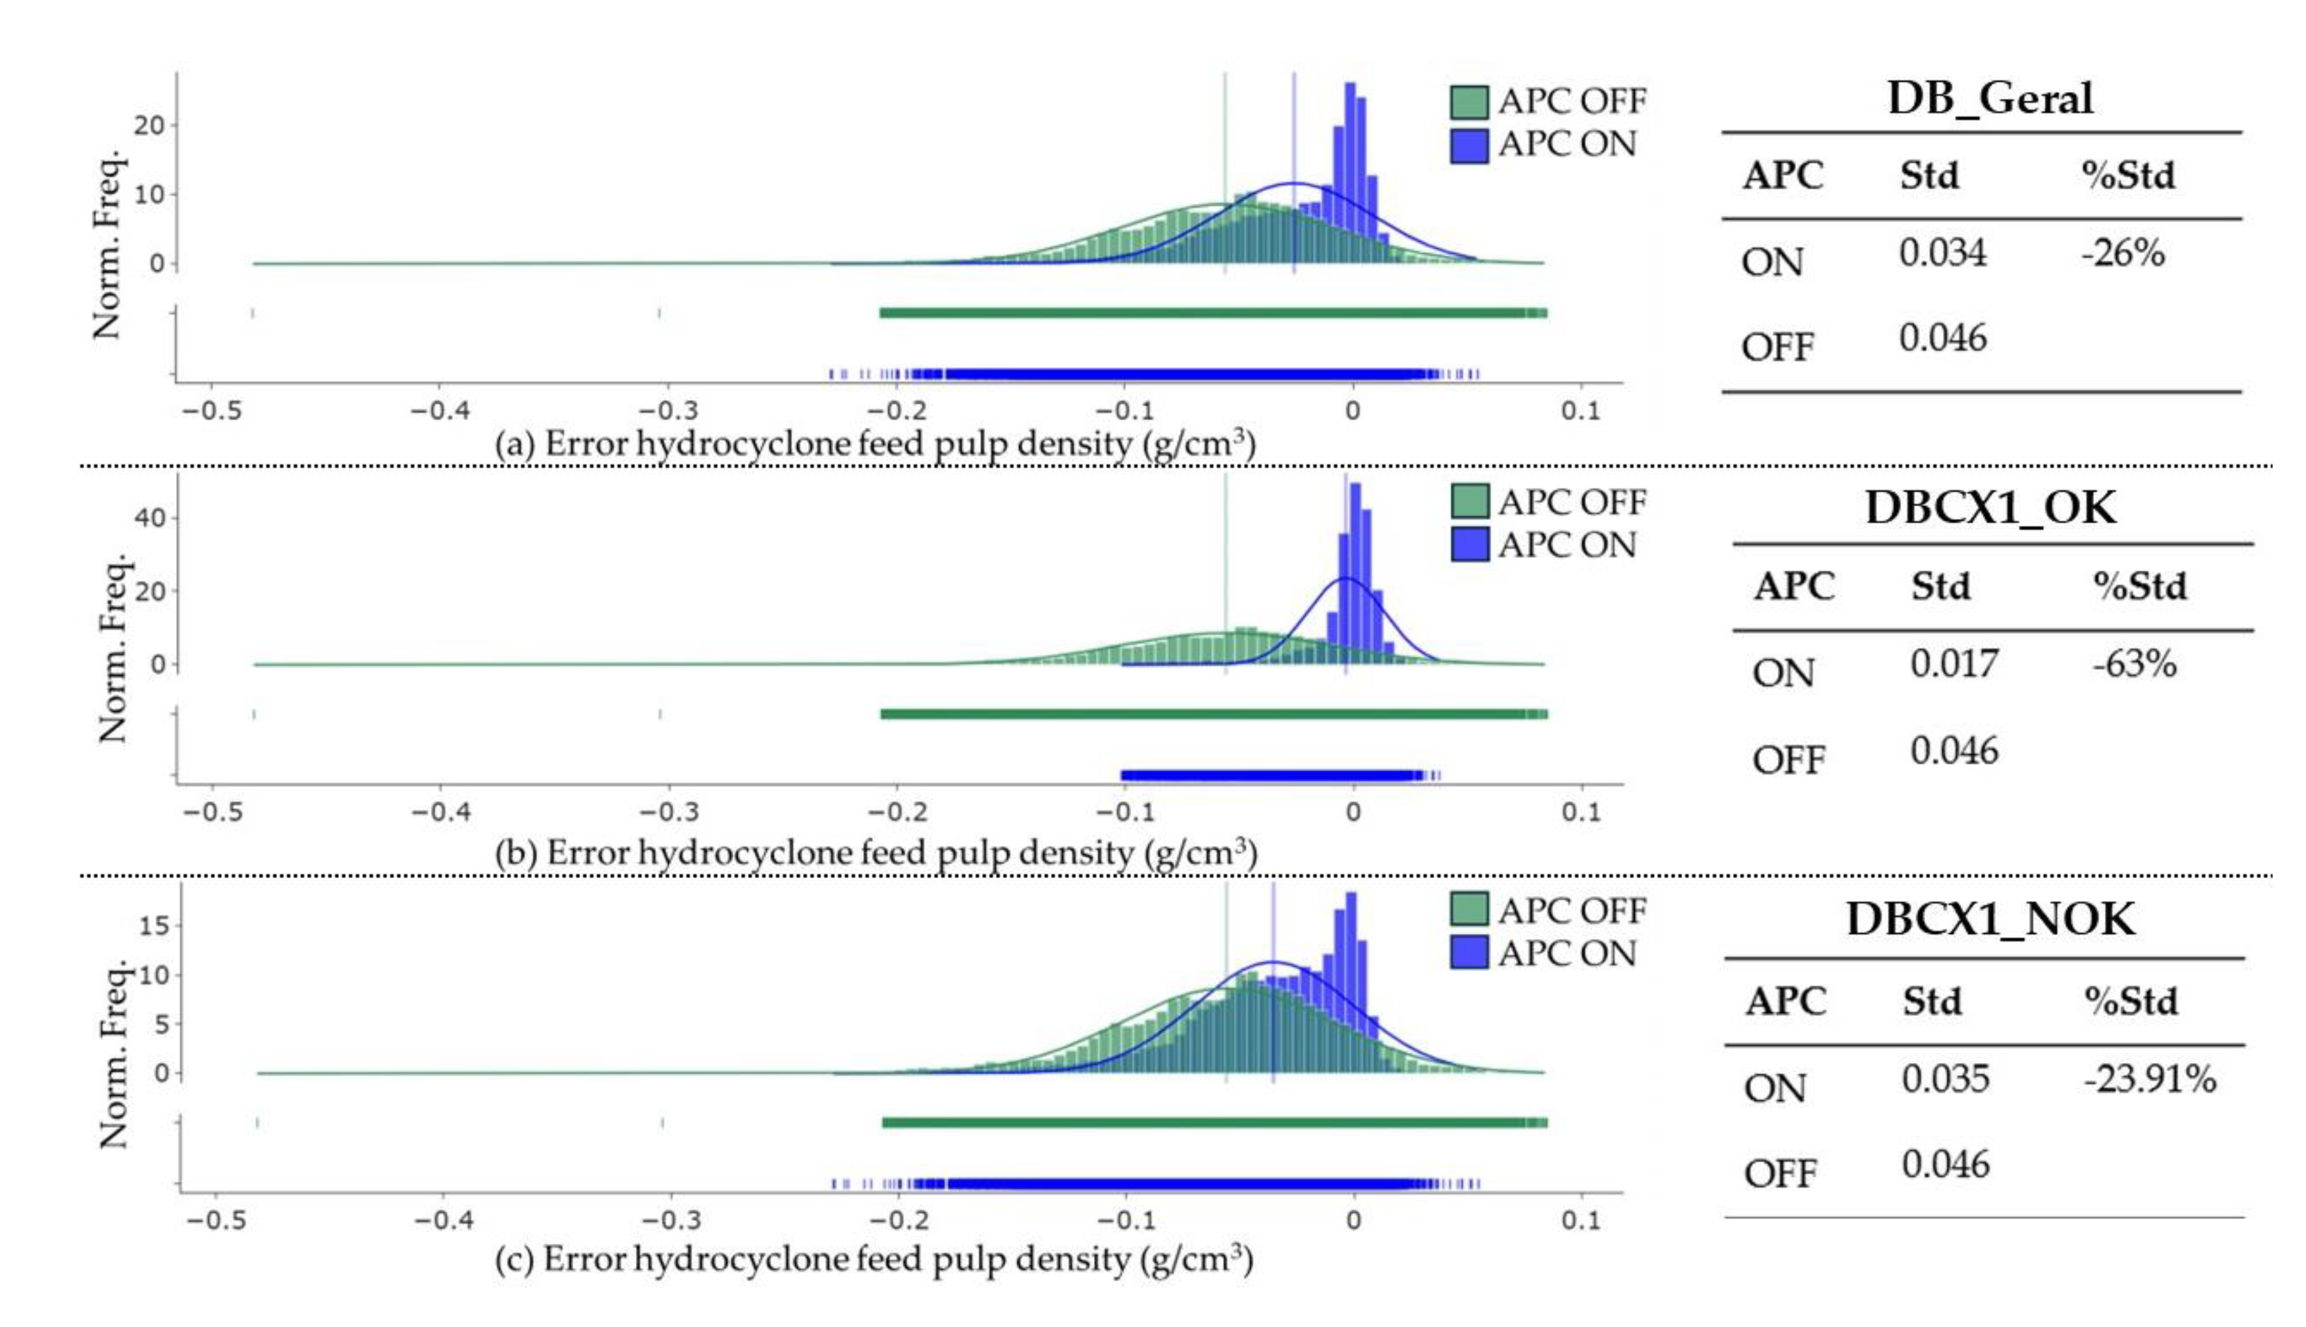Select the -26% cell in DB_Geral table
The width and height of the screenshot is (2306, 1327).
pos(2122,252)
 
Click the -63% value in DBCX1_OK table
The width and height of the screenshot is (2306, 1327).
pos(2134,663)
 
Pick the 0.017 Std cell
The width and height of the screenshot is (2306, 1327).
pos(1953,663)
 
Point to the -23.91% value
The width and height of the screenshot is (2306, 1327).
pos(2149,1079)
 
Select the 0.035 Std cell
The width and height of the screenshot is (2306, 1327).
pos(1944,1079)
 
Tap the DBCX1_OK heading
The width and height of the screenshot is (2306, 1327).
pos(1990,507)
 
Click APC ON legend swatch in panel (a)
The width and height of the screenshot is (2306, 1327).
pos(1468,146)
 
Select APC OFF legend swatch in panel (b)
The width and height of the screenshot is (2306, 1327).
pos(1468,501)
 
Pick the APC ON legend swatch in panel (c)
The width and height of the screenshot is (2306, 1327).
pos(1468,953)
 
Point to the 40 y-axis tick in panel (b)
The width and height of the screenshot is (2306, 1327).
pos(150,518)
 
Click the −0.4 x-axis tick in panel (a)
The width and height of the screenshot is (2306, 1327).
pos(439,411)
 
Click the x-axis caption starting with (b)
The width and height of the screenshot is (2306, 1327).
pos(875,853)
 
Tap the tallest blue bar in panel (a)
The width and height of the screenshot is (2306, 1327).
pos(1350,173)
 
